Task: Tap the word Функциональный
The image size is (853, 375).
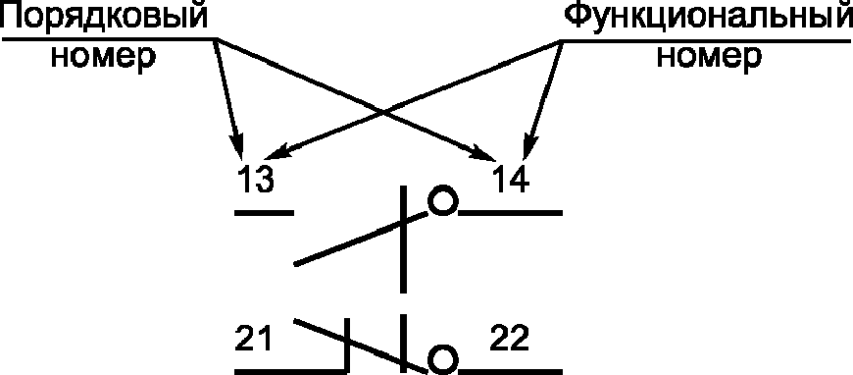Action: pyautogui.click(x=707, y=19)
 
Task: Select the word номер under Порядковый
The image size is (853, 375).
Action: pyautogui.click(x=103, y=57)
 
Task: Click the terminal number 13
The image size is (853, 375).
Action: pyautogui.click(x=255, y=180)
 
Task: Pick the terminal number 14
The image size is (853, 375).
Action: pyautogui.click(x=510, y=180)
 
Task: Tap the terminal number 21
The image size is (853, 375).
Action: pyautogui.click(x=253, y=339)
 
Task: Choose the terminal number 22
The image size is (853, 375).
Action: pyautogui.click(x=510, y=339)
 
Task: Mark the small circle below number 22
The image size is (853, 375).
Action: pyautogui.click(x=442, y=359)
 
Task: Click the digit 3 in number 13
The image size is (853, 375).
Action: pyautogui.click(x=264, y=180)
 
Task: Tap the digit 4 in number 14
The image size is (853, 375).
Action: pyautogui.click(x=519, y=180)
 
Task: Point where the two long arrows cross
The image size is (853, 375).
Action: pyautogui.click(x=384, y=112)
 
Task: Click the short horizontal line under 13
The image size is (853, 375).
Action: pyautogui.click(x=264, y=212)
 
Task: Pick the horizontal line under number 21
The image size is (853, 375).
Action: pyautogui.click(x=291, y=371)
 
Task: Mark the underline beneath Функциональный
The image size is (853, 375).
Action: pyautogui.click(x=706, y=40)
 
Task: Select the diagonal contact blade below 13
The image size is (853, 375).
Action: pyautogui.click(x=361, y=239)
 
